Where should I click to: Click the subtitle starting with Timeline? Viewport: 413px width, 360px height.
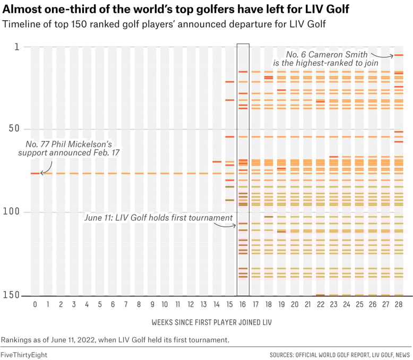click(164, 24)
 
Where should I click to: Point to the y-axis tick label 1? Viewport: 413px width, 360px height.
click(16, 47)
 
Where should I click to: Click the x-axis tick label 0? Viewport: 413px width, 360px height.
click(35, 305)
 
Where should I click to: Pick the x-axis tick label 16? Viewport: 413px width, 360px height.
click(243, 305)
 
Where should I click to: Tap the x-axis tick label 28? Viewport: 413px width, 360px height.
click(399, 305)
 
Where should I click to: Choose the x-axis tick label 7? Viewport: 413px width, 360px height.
click(126, 305)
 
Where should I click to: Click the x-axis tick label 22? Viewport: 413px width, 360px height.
click(321, 305)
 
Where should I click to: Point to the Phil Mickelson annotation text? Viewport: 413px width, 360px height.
click(68, 149)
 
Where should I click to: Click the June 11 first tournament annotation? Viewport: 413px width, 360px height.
click(159, 218)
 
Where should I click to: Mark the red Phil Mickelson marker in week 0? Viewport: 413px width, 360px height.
click(35, 174)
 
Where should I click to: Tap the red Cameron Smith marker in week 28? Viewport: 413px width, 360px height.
click(399, 55)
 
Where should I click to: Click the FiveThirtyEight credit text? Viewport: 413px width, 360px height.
click(22, 354)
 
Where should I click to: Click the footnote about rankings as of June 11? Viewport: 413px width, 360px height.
click(115, 340)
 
